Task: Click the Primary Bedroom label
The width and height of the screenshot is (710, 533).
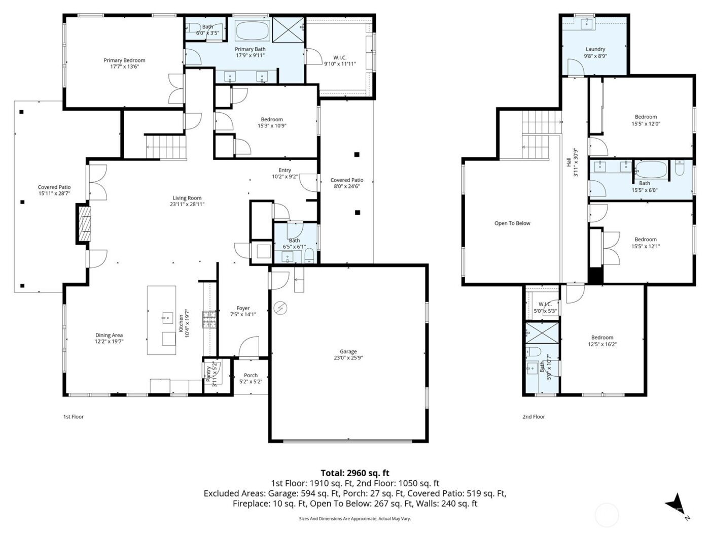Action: (124, 60)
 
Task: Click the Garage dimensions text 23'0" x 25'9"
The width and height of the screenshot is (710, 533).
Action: (348, 358)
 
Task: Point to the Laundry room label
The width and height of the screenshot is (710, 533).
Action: (595, 49)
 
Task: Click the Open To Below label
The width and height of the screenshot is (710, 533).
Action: (512, 223)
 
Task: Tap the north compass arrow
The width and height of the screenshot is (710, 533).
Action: (676, 503)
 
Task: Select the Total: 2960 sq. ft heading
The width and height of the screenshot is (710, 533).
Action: (354, 473)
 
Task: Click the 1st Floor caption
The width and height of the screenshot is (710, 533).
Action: (74, 417)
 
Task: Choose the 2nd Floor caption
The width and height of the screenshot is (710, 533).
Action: (534, 417)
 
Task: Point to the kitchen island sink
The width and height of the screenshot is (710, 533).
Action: (166, 319)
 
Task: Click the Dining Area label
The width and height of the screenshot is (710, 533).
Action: (109, 335)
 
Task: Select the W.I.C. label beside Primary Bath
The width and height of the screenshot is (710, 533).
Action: (340, 58)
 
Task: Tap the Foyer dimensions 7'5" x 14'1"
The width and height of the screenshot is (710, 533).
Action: (243, 315)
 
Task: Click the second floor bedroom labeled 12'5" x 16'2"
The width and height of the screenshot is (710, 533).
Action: (602, 341)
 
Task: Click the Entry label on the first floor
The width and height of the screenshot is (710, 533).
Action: (285, 171)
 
